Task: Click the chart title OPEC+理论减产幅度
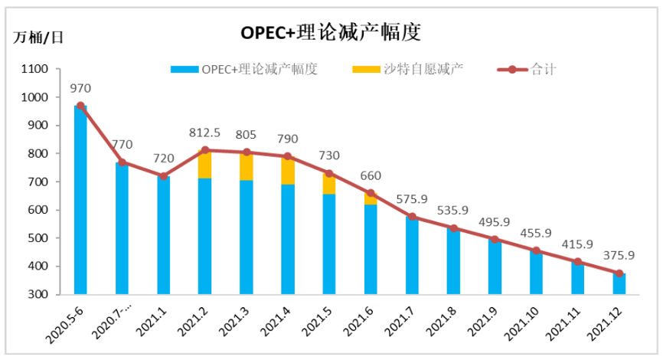[x=331, y=32]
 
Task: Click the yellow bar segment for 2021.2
[x=204, y=164]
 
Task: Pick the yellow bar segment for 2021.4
[x=287, y=170]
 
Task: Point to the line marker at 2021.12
[x=619, y=273]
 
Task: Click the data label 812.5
[x=204, y=133]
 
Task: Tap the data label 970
[x=80, y=89]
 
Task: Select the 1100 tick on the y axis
[x=36, y=70]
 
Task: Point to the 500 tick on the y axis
[x=39, y=238]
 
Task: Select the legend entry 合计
[x=543, y=69]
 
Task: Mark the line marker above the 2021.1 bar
[x=163, y=176]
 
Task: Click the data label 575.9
[x=412, y=200]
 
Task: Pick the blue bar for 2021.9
[x=495, y=268]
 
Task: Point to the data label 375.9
[x=618, y=256]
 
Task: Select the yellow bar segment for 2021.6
[x=371, y=198]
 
